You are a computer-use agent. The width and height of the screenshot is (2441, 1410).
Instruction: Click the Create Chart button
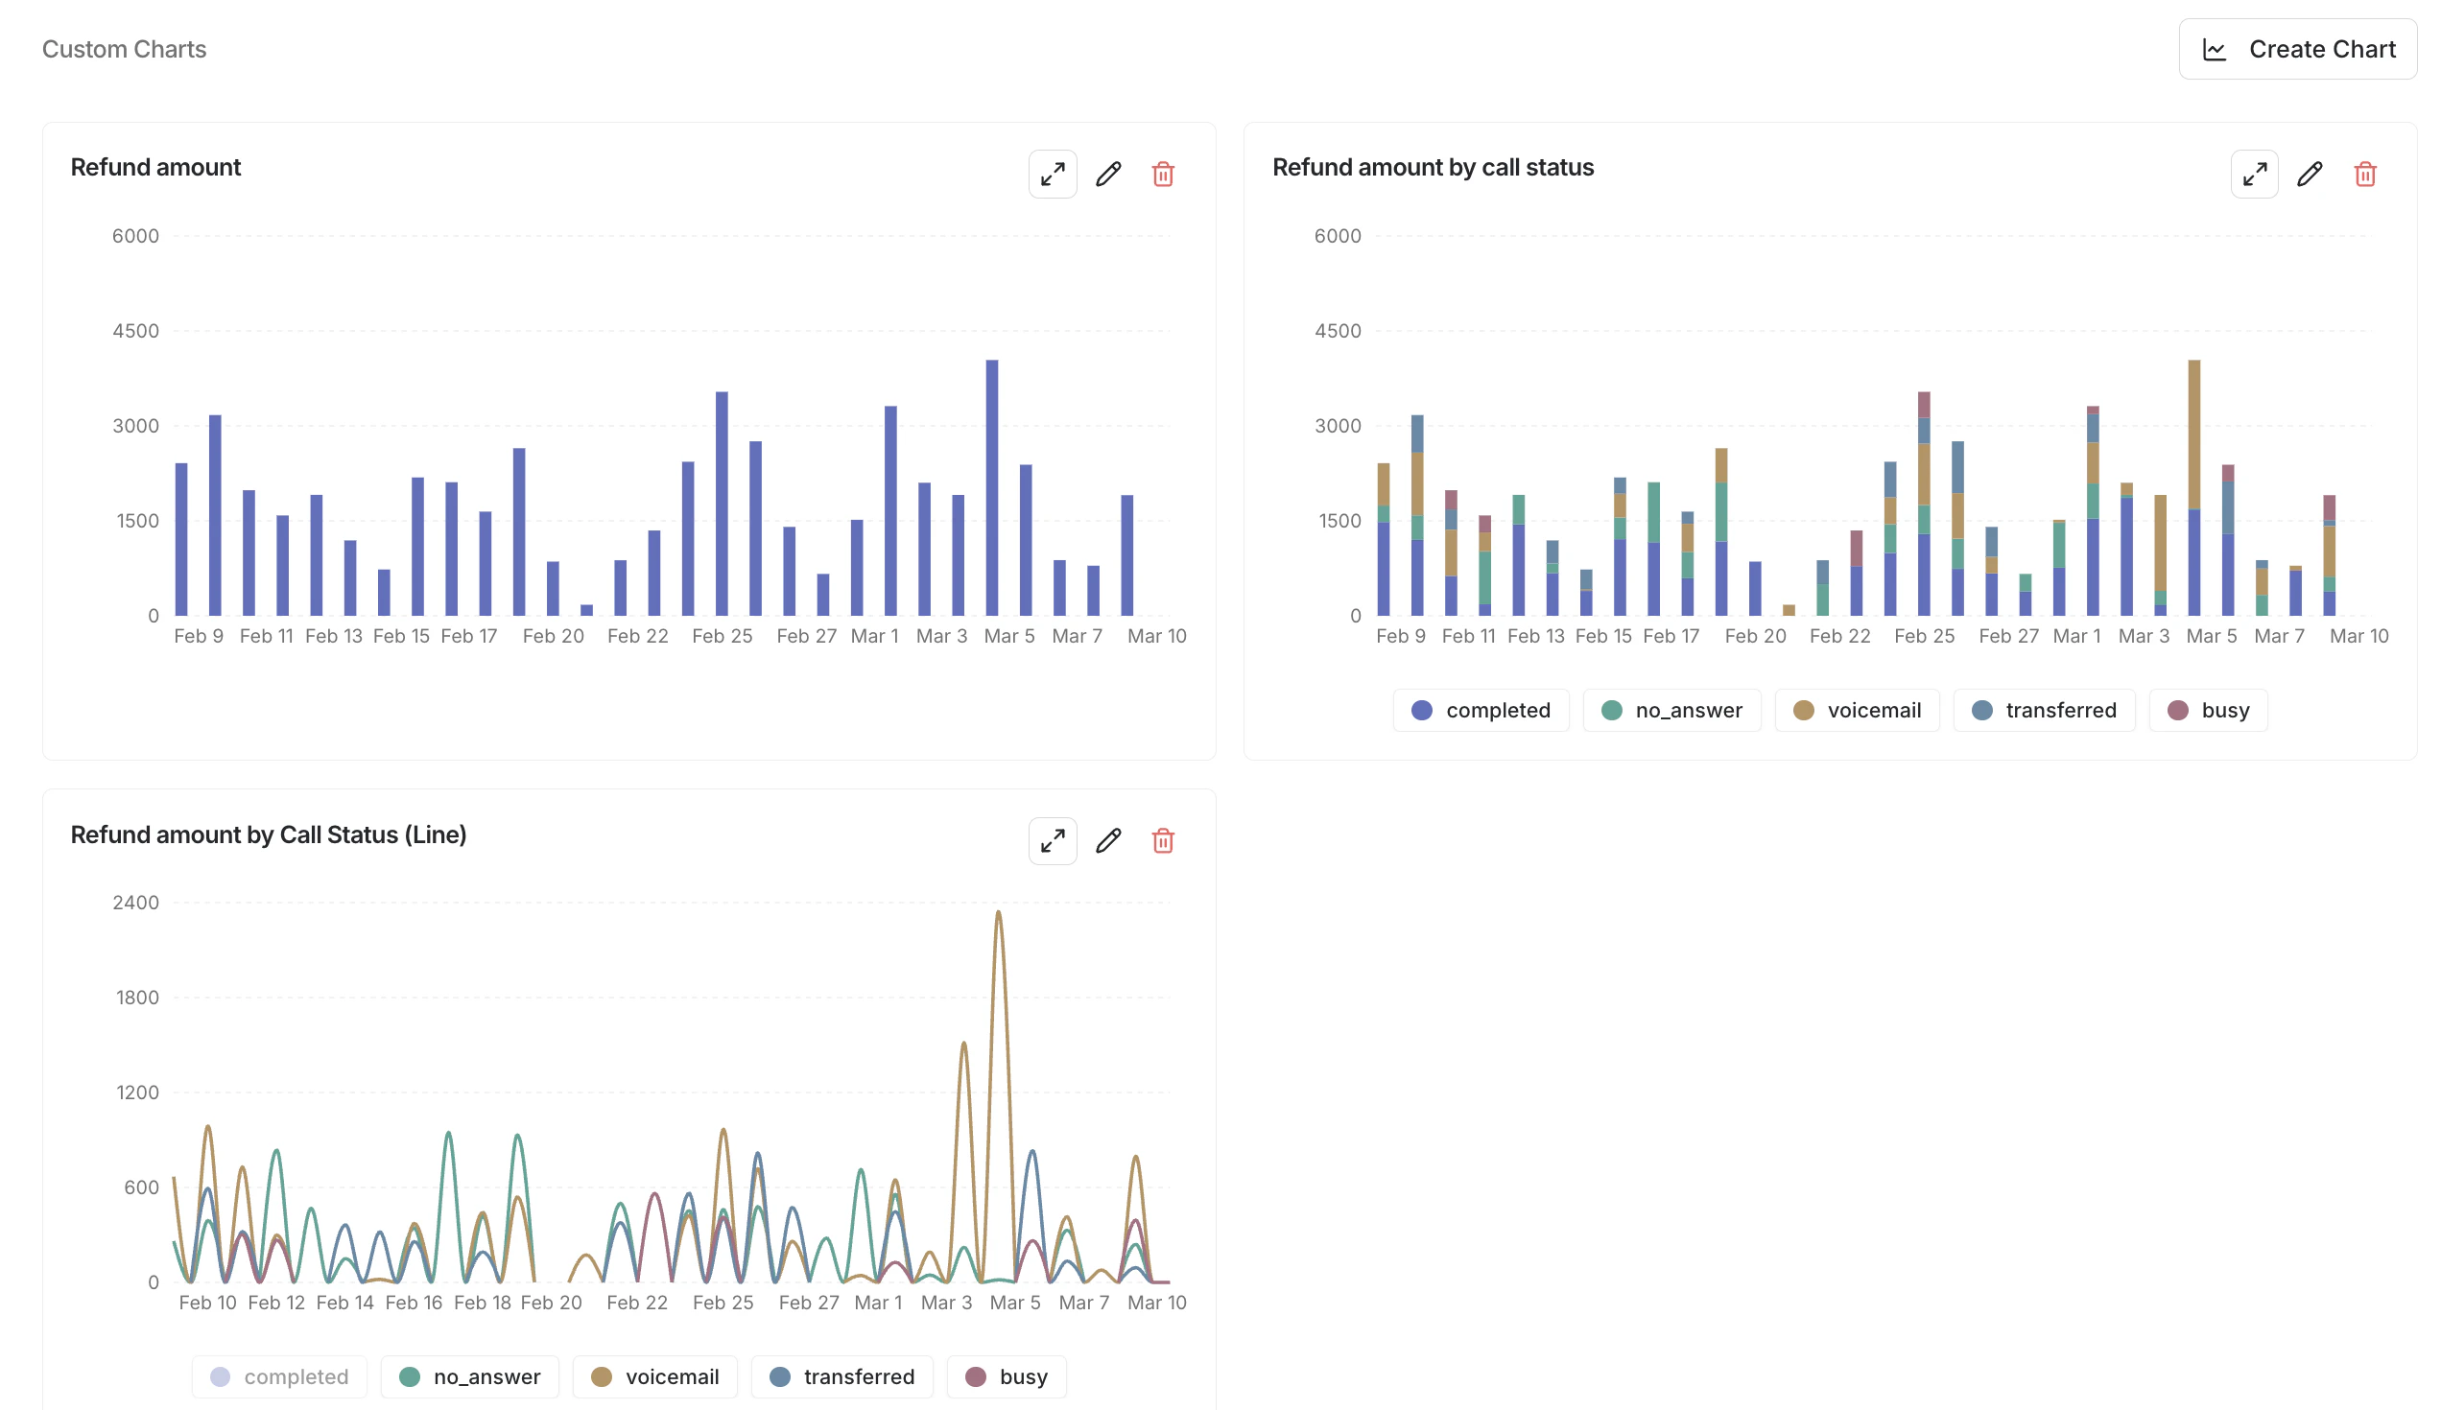(2297, 49)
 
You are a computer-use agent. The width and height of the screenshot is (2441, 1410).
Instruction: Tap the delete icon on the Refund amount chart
(1162, 175)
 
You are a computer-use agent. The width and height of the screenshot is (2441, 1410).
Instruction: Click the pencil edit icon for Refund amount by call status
(2310, 175)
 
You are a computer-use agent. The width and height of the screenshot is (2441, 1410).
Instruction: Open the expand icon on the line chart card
(1052, 841)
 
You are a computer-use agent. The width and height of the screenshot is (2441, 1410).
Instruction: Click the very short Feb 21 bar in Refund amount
(587, 610)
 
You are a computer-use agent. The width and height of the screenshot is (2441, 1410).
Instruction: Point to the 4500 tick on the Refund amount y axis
(135, 331)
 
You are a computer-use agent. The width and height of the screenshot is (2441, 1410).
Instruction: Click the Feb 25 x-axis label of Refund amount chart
(722, 636)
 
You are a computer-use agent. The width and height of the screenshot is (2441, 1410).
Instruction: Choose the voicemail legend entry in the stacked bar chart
(1856, 711)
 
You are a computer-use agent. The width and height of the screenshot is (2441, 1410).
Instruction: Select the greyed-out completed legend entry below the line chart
(279, 1377)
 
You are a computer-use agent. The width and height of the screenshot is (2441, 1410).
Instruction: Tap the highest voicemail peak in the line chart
(999, 914)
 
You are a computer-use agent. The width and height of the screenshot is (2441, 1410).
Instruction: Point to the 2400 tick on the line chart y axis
(135, 903)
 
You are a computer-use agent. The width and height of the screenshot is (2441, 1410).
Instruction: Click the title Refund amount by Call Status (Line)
(269, 834)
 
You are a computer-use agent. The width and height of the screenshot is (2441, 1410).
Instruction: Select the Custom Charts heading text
(124, 49)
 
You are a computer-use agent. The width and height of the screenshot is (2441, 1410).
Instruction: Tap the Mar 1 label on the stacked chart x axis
(2075, 636)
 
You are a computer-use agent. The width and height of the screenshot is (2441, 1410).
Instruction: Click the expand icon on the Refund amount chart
(1052, 175)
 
